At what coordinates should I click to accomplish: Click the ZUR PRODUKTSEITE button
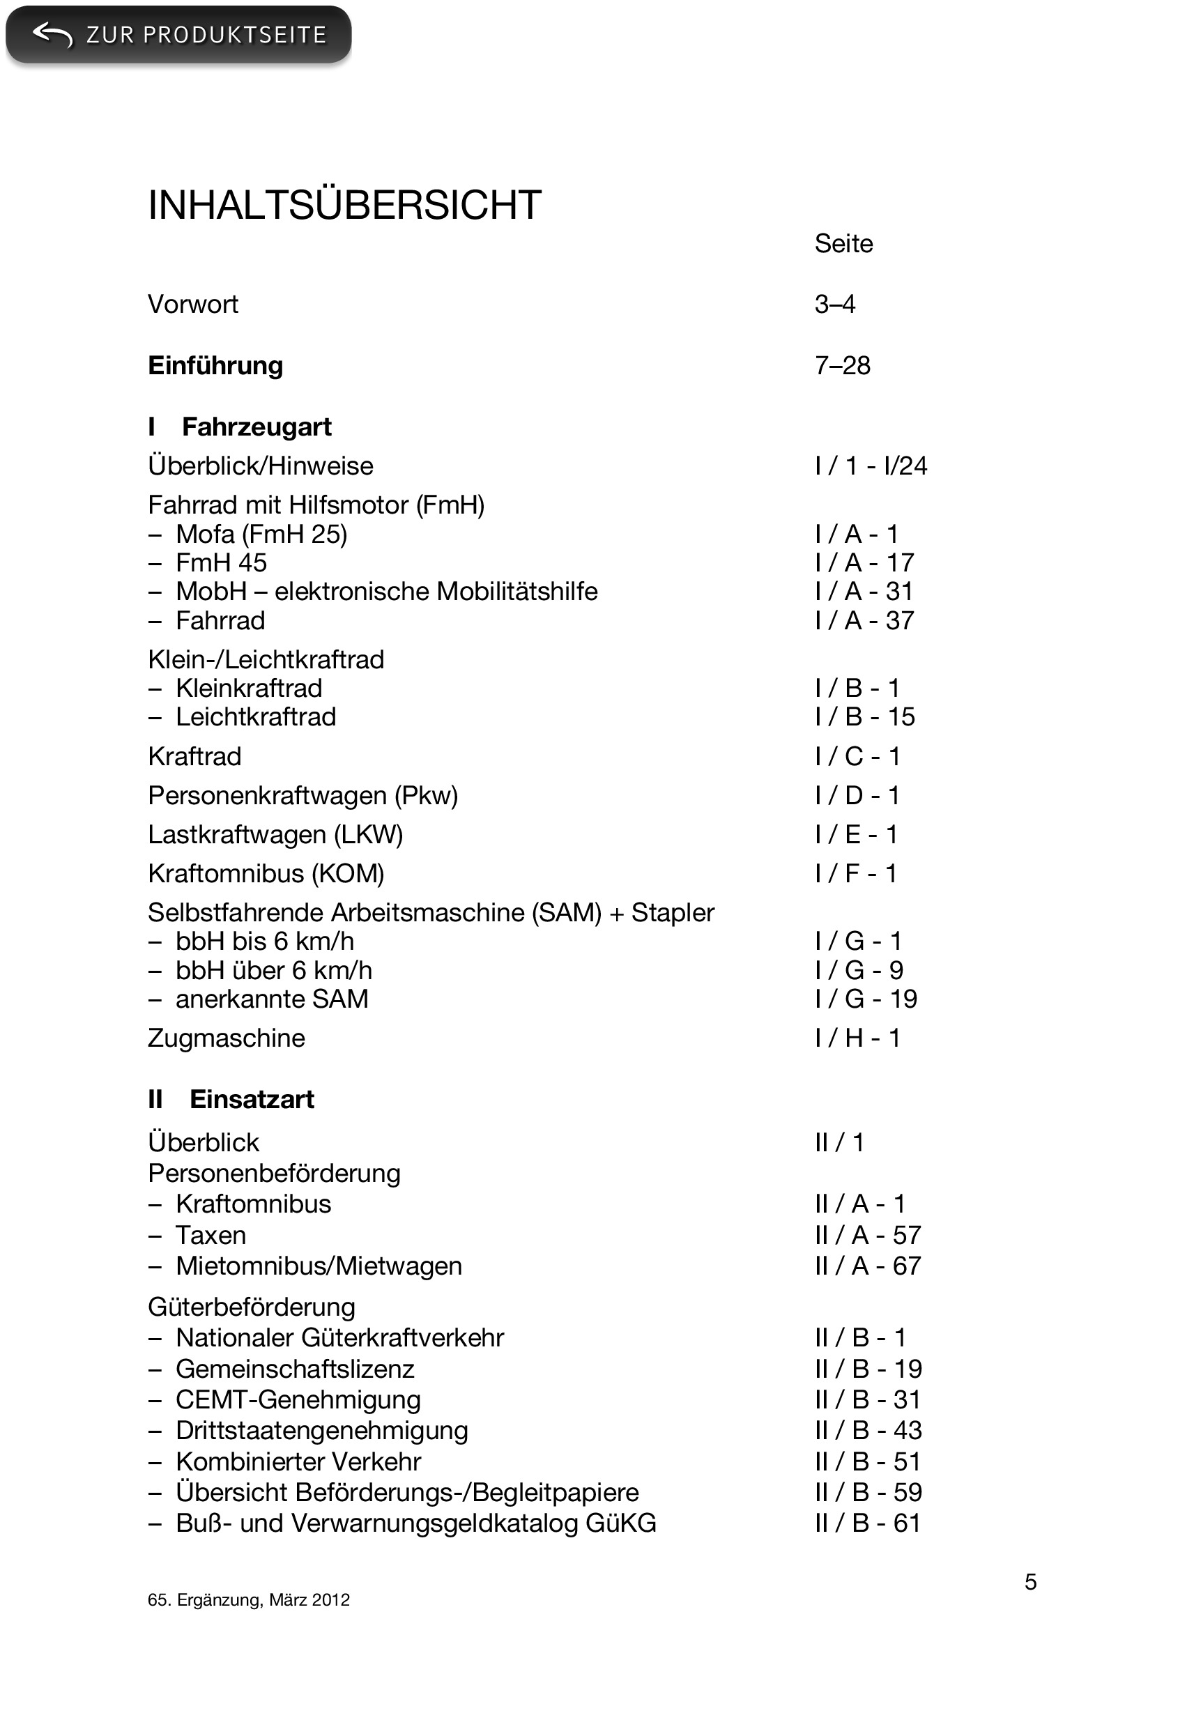click(x=178, y=34)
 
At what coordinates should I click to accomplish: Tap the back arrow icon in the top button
click(x=53, y=34)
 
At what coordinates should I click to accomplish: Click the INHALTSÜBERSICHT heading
click(x=344, y=205)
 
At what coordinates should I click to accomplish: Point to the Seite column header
click(x=843, y=243)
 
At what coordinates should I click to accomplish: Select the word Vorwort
click(x=192, y=305)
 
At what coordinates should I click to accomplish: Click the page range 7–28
click(x=842, y=366)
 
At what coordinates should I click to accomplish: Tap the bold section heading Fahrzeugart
click(x=256, y=427)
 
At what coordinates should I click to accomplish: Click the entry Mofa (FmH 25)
click(x=261, y=535)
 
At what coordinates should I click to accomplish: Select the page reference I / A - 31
click(x=864, y=592)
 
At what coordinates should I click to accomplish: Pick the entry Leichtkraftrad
click(x=255, y=717)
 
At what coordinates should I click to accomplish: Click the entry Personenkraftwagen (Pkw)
click(x=303, y=795)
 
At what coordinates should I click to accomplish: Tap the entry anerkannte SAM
click(x=272, y=999)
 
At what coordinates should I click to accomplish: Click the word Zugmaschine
click(x=226, y=1038)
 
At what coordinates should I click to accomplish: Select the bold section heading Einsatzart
click(x=252, y=1099)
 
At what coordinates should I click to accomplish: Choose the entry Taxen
click(x=211, y=1235)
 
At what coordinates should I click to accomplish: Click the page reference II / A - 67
click(x=867, y=1266)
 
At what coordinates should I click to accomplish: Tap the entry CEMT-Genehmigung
click(x=298, y=1399)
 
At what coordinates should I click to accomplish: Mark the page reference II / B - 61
click(x=867, y=1523)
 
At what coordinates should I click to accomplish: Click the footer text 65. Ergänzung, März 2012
click(x=249, y=1599)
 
